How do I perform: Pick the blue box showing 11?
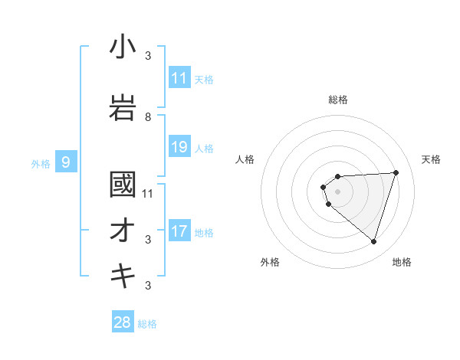click(x=179, y=78)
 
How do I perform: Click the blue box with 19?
click(x=179, y=147)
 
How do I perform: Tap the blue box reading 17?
click(x=179, y=231)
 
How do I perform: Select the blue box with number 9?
click(x=67, y=162)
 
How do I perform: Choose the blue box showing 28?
click(x=123, y=322)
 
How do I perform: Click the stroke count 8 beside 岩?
click(x=148, y=117)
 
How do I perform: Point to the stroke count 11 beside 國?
click(x=148, y=193)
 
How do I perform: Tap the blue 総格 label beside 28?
click(x=147, y=324)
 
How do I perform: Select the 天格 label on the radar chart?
click(x=432, y=159)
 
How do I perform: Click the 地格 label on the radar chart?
click(x=402, y=262)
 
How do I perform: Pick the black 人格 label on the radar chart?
click(x=245, y=159)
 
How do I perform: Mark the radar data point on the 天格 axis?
click(x=396, y=172)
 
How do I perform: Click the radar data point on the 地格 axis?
click(x=373, y=241)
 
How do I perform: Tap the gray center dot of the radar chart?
click(x=337, y=191)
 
